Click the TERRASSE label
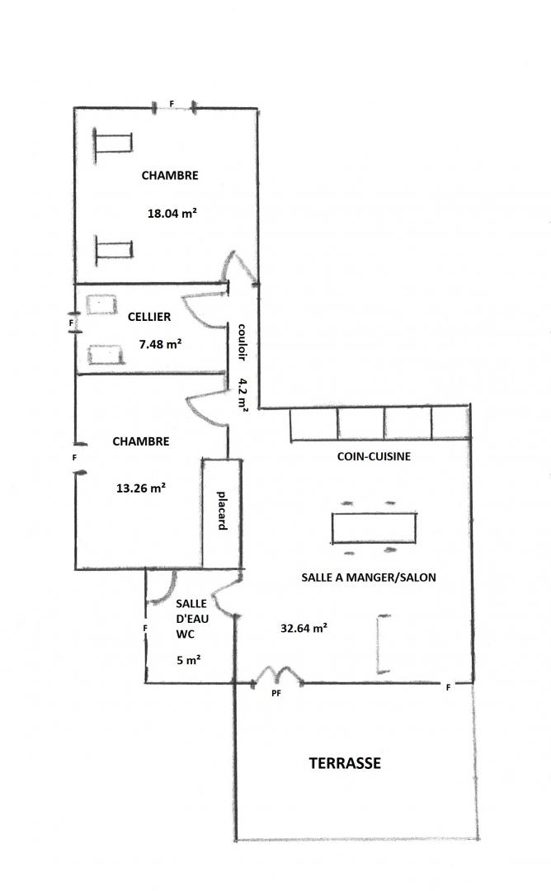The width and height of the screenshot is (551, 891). (x=345, y=762)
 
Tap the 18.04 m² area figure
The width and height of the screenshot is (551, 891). (x=172, y=213)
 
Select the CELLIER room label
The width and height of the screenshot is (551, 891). (x=148, y=317)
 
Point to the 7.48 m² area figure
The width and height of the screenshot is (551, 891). (x=160, y=343)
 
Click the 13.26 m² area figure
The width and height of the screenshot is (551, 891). (x=141, y=488)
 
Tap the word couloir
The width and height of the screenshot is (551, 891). (x=242, y=342)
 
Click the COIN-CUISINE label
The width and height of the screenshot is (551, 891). (x=374, y=455)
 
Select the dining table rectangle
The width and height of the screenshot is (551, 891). (x=374, y=528)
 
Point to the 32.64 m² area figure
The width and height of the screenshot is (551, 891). (x=304, y=628)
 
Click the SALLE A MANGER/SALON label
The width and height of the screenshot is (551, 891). (x=369, y=577)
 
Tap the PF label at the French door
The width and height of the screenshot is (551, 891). (x=276, y=693)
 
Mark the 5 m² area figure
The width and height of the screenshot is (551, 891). (x=189, y=660)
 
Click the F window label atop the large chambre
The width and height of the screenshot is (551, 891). (x=172, y=104)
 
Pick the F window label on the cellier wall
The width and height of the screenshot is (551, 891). (x=71, y=323)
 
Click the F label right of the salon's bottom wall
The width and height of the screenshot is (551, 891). (x=448, y=687)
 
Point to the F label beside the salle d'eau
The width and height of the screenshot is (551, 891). (x=145, y=628)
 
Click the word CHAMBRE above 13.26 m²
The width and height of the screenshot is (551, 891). (x=141, y=441)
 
